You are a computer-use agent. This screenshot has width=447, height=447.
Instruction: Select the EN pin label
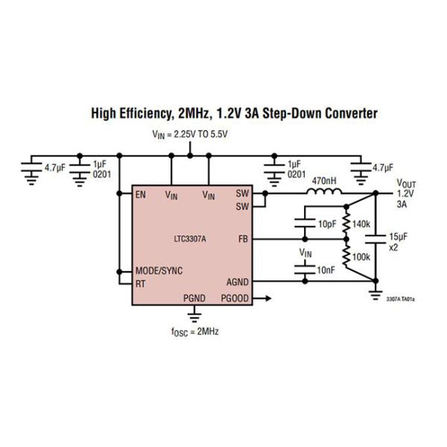(140, 195)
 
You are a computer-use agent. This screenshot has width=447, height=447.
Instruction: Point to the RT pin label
(140, 283)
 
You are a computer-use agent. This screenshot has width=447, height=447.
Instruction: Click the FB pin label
(243, 239)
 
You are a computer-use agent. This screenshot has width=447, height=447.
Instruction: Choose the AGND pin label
(238, 282)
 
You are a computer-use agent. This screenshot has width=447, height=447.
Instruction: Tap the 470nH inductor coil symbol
(326, 193)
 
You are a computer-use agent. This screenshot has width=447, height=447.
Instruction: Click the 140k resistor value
(361, 223)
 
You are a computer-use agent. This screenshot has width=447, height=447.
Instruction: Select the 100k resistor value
(361, 256)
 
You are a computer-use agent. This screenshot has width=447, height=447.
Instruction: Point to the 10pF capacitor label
(326, 223)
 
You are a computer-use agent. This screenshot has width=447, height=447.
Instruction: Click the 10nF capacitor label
(326, 270)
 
